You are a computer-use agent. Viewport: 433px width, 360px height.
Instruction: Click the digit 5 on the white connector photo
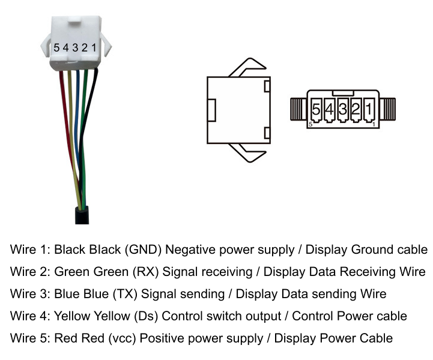56,48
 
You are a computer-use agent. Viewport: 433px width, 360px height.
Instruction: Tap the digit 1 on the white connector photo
94,48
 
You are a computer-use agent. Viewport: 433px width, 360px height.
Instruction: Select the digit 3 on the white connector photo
75,48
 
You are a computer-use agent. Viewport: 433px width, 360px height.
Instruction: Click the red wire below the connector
68,124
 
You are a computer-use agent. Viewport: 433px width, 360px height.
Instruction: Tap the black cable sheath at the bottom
82,215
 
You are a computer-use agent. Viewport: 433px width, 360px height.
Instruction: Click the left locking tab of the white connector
46,47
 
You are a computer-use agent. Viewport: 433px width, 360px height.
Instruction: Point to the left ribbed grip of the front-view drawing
298,109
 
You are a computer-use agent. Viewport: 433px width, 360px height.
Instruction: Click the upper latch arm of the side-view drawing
247,67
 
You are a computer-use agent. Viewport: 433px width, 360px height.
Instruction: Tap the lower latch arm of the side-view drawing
247,153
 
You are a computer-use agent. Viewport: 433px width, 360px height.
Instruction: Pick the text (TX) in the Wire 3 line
125,294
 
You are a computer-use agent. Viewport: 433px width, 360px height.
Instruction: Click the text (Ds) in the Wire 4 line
146,316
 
